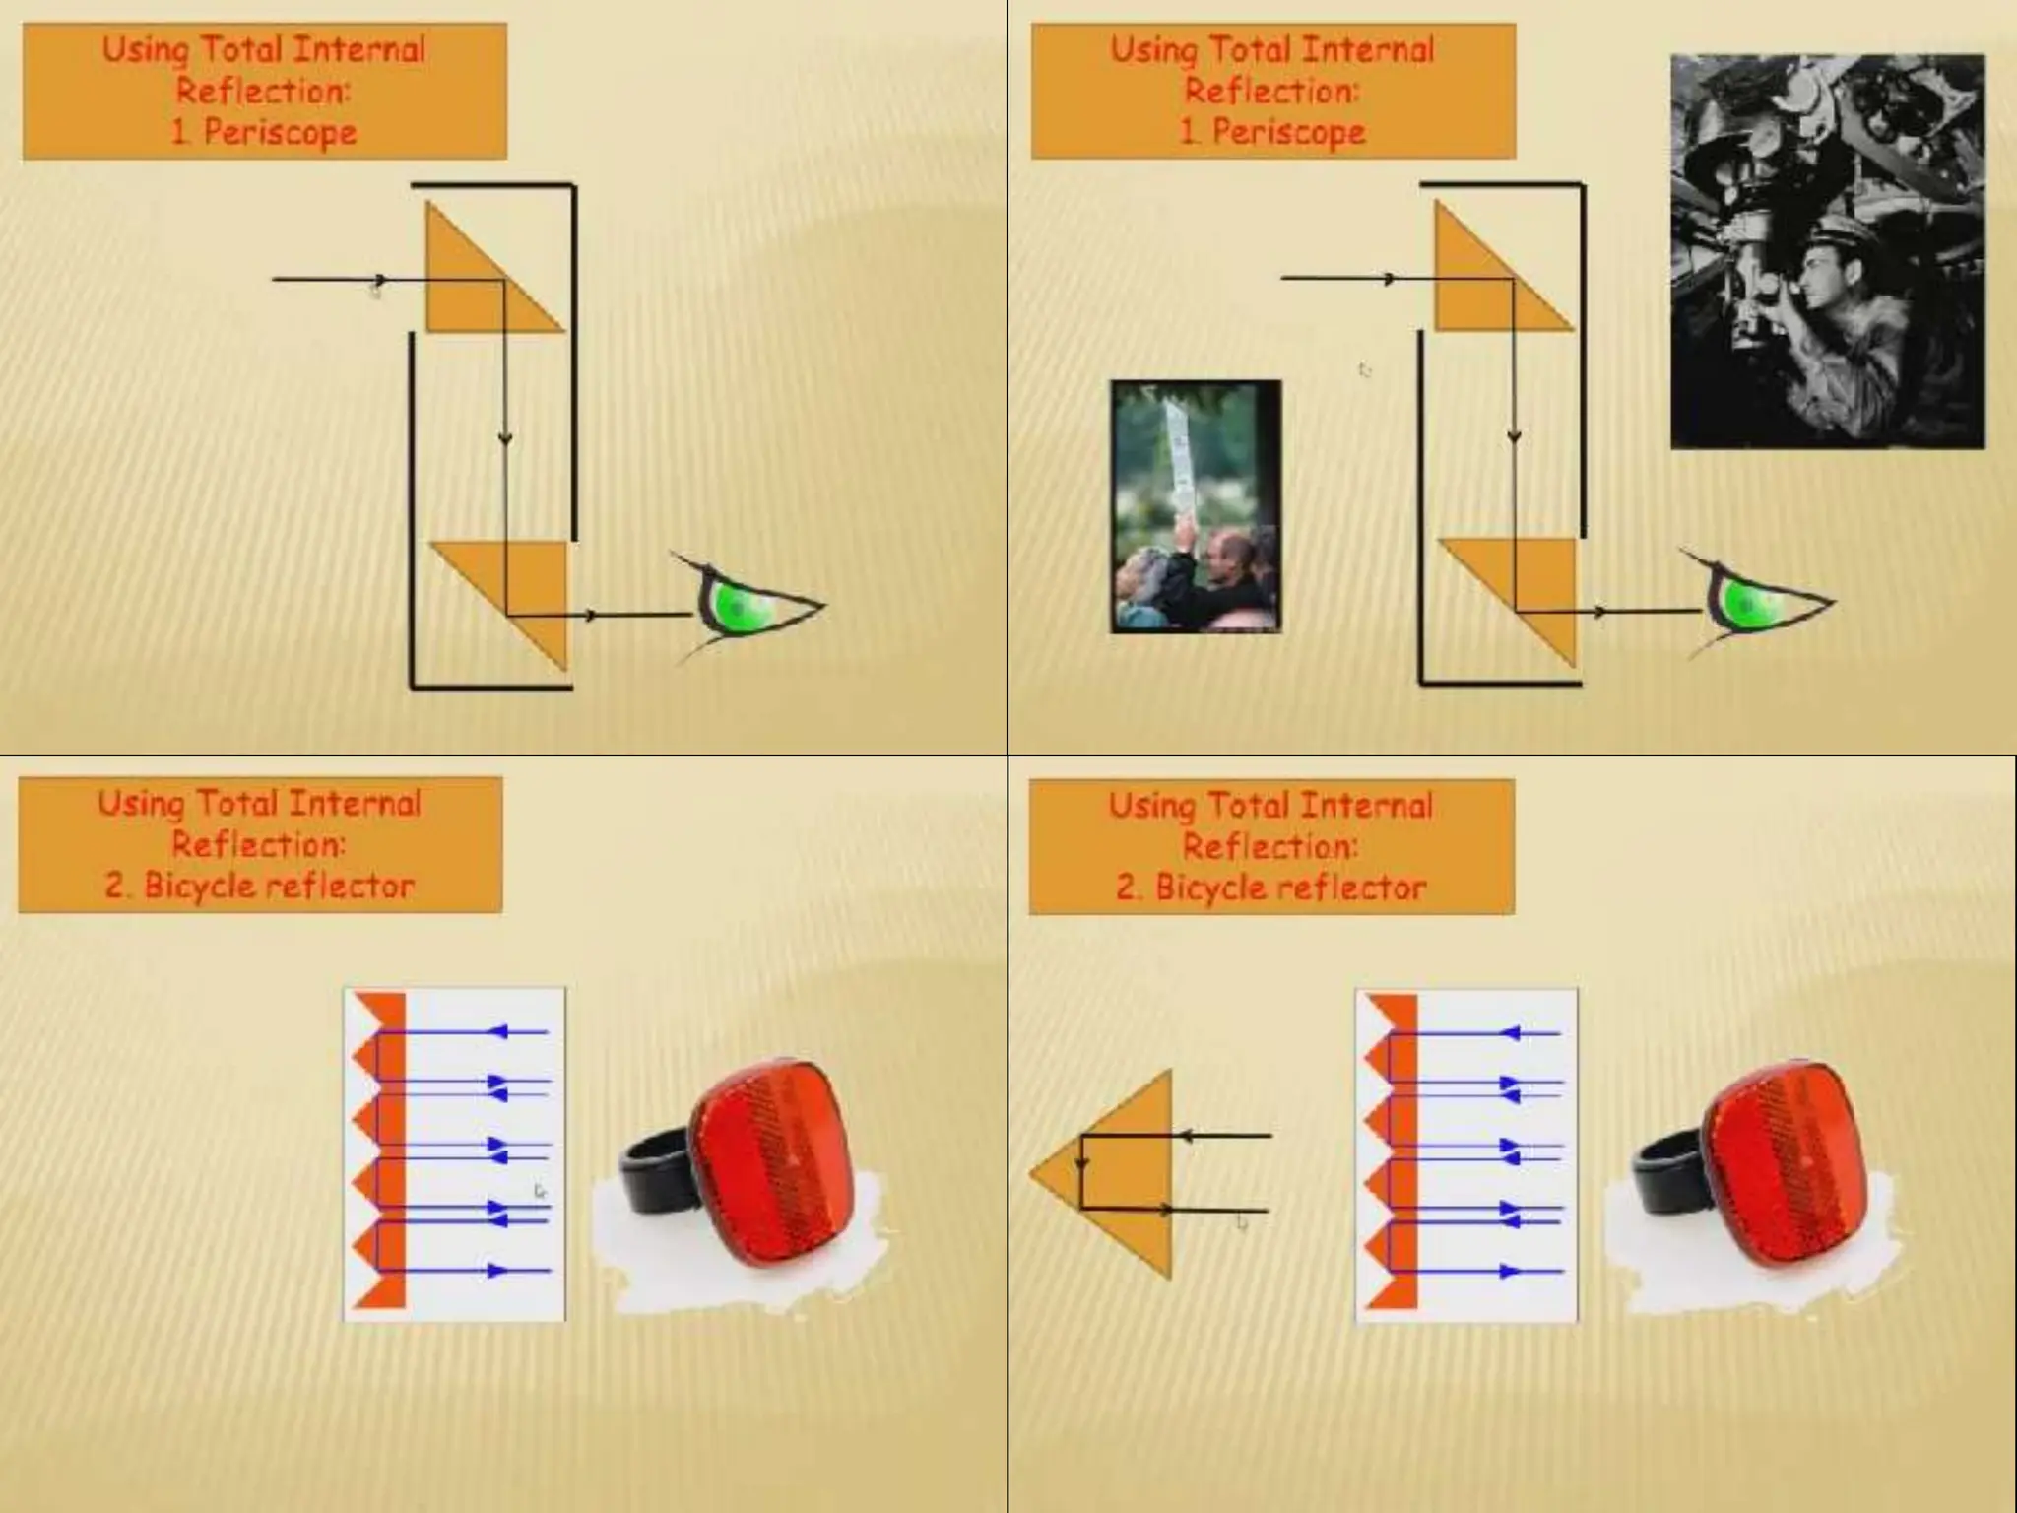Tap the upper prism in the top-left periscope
coord(473,281)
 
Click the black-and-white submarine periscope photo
coord(1827,251)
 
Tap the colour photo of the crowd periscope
coord(1196,506)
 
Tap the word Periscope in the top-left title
coord(280,132)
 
